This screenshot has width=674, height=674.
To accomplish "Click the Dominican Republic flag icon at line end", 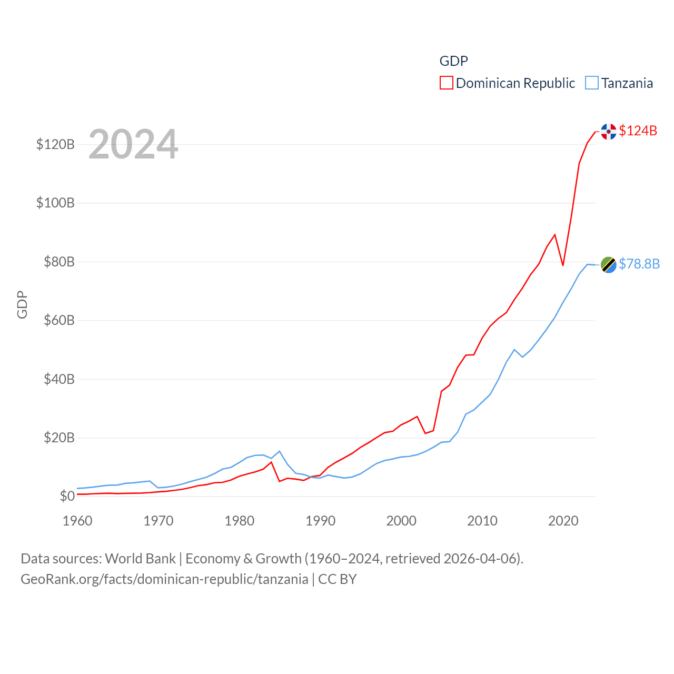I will click(608, 131).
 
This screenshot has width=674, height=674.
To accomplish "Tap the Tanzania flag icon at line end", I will click(608, 265).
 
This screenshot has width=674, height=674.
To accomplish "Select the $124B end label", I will click(638, 131).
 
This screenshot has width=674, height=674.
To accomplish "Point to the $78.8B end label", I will click(639, 264).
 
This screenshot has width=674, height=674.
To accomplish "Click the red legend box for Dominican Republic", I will click(446, 83).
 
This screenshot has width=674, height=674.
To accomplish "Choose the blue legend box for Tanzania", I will click(592, 83).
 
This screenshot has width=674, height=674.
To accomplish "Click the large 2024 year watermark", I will click(133, 144).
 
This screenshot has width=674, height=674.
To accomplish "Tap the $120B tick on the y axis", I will click(55, 144).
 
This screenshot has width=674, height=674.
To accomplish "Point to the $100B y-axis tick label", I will click(55, 203).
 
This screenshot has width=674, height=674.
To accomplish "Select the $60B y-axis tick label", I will click(59, 320).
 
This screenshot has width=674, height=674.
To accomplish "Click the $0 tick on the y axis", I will click(67, 496).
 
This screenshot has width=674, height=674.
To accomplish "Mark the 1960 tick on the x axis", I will click(77, 521).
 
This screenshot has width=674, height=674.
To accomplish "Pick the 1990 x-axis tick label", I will click(320, 521).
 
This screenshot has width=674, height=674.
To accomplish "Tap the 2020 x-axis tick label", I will click(563, 521).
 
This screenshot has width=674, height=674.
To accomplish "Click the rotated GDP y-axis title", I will click(22, 304).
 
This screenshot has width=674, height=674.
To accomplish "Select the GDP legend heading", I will click(453, 61).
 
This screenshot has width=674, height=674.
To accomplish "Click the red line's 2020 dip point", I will click(563, 265).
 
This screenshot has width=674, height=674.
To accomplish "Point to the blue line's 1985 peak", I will click(280, 451).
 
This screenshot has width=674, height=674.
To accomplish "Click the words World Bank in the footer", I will click(141, 559).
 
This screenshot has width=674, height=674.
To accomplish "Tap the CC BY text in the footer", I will click(338, 579).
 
